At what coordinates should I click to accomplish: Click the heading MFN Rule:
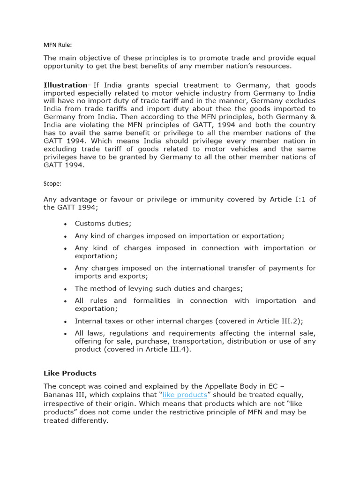[58, 45]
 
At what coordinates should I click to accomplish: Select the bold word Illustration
[65, 85]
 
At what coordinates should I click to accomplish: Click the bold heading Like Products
[70, 373]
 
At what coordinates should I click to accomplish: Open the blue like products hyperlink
[185, 395]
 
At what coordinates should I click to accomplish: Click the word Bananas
[60, 395]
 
